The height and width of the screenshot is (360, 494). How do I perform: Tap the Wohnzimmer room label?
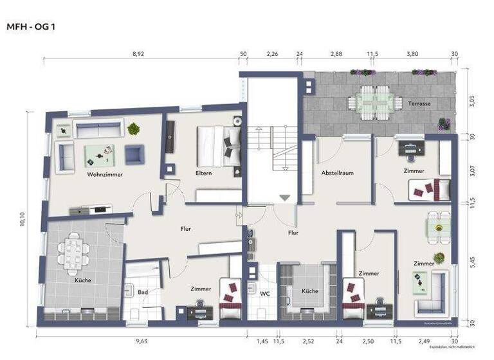coord(105,174)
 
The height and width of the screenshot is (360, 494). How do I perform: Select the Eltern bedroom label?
coord(204,173)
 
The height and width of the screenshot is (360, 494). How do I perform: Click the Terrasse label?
coord(419,103)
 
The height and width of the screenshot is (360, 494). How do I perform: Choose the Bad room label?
coord(142,291)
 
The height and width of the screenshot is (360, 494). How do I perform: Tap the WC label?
coord(264,294)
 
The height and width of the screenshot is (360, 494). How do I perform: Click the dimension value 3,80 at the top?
coord(411,55)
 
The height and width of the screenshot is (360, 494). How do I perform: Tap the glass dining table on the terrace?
coord(369,102)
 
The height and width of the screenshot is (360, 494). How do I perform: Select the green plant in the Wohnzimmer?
coord(134,129)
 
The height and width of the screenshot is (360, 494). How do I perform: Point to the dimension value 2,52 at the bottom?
coord(309,341)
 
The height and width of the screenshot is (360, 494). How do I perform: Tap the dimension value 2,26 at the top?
coord(272,55)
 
